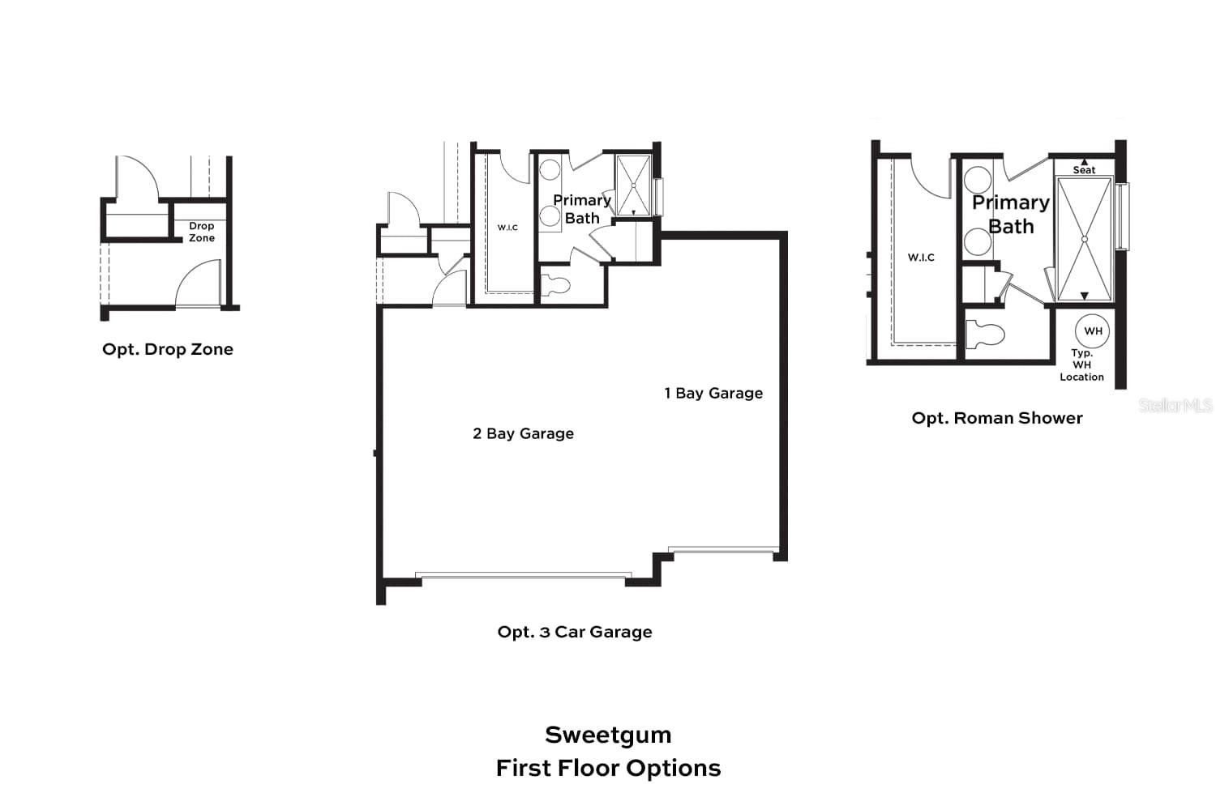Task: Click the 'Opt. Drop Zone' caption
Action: [x=168, y=349]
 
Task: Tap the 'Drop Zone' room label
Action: [x=202, y=232]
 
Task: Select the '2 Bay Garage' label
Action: [x=523, y=433]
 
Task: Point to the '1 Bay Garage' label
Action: [x=713, y=393]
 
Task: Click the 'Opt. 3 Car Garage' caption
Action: [x=575, y=632]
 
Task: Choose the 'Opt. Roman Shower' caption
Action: [x=997, y=418]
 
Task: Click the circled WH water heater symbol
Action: [x=1093, y=330]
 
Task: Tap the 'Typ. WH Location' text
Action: [x=1081, y=364]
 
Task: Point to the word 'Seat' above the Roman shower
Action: [x=1084, y=170]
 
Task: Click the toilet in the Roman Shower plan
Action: [x=984, y=334]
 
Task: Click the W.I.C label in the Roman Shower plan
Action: [x=921, y=258]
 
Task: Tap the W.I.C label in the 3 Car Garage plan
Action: [x=507, y=228]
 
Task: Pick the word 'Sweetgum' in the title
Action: [x=608, y=735]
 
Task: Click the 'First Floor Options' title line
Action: [x=608, y=768]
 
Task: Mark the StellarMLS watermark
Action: [x=1175, y=405]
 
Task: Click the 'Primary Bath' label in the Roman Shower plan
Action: [x=1011, y=214]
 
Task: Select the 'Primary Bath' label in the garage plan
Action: [x=582, y=209]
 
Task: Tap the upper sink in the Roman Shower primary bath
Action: [x=978, y=179]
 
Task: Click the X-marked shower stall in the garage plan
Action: [x=633, y=185]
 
